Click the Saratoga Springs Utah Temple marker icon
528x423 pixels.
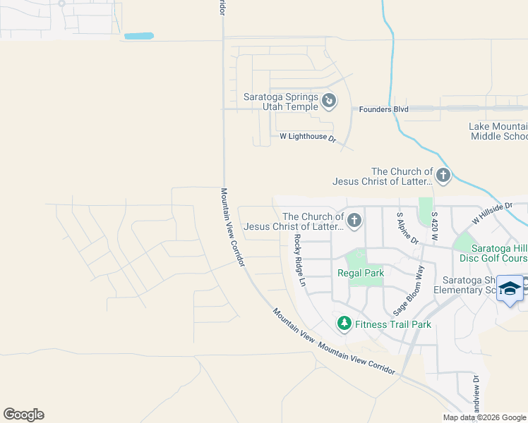click(x=329, y=102)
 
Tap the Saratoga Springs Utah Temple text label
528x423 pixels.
click(x=281, y=102)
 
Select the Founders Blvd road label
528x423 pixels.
click(x=383, y=109)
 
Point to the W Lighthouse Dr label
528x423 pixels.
click(x=308, y=136)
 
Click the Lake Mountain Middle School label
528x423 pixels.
click(x=498, y=131)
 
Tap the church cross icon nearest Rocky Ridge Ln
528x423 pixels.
click(x=354, y=221)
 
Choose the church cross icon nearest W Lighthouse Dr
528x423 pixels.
click(x=443, y=176)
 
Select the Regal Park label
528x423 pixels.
click(x=360, y=273)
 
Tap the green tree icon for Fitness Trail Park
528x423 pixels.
click(x=344, y=324)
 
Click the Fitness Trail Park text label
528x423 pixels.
click(x=392, y=324)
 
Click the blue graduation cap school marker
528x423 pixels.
click(x=510, y=289)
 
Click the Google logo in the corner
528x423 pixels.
click(x=23, y=415)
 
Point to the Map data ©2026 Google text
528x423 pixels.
click(x=484, y=417)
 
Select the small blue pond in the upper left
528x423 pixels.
click(x=138, y=35)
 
